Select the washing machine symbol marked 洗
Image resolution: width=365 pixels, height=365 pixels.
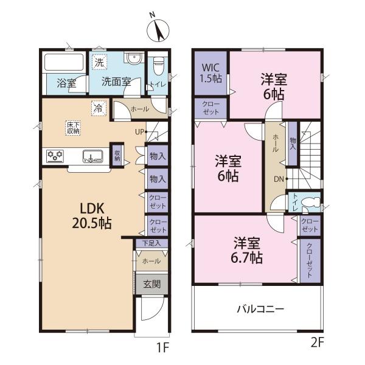click(x=99, y=61)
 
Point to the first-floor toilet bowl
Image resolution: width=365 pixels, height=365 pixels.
click(x=159, y=66)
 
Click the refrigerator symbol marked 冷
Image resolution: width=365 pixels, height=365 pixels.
click(x=99, y=108)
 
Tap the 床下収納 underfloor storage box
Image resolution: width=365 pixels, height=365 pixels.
click(x=73, y=128)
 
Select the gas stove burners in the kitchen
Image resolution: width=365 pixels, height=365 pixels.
click(x=55, y=156)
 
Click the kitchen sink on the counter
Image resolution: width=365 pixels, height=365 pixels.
click(x=93, y=156)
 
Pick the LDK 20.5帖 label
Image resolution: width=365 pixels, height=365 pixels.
click(x=92, y=216)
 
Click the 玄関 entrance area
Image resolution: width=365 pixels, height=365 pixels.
click(x=151, y=284)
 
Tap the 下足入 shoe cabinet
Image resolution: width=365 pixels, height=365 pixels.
click(x=151, y=243)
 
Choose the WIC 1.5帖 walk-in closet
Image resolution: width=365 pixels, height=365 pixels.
click(x=210, y=73)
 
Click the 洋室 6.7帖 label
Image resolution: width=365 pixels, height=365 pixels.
click(x=247, y=250)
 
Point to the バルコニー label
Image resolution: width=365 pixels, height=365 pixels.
click(x=260, y=310)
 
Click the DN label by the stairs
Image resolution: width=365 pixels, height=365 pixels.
click(x=279, y=179)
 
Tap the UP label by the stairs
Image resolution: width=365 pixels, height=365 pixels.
click(x=140, y=132)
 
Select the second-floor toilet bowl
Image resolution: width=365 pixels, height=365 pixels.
click(x=311, y=201)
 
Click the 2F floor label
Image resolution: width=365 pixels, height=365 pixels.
click(x=318, y=343)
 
